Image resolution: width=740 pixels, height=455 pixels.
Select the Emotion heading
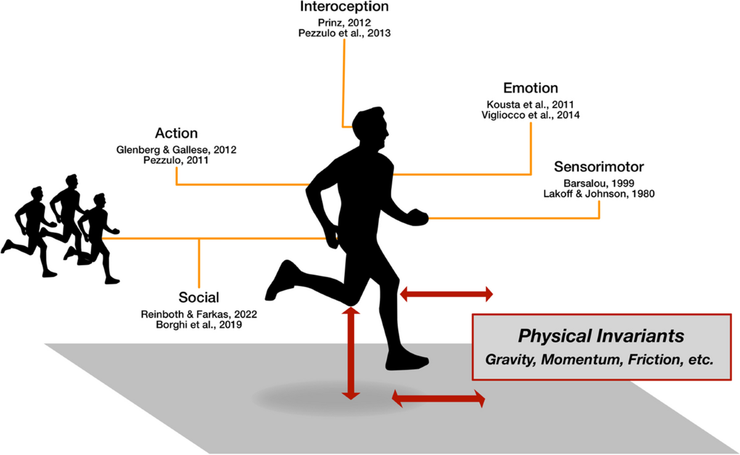point(530,88)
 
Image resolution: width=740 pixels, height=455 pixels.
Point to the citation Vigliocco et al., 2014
point(531,115)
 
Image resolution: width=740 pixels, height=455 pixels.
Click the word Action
point(177,133)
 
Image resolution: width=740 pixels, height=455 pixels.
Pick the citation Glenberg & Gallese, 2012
point(176,149)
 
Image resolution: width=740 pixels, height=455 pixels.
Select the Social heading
point(198,297)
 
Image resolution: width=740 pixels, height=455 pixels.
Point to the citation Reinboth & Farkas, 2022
point(198,314)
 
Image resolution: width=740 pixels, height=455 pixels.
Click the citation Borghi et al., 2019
point(198,325)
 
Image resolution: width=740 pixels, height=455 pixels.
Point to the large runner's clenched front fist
point(419,217)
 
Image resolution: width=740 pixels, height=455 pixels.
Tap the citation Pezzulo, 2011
point(176,161)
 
